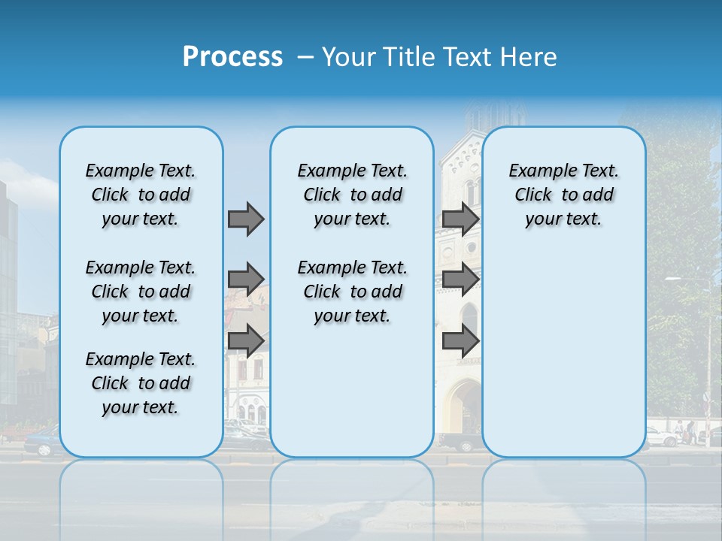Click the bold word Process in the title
coord(232,57)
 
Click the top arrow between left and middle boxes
coord(246,219)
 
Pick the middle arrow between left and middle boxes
coord(246,280)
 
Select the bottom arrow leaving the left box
coord(246,340)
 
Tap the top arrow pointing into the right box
coord(460,219)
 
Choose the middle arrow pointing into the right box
coord(460,280)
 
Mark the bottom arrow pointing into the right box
coord(460,340)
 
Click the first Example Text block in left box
coord(141,195)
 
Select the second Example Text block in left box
coord(141,292)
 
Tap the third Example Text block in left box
coord(141,383)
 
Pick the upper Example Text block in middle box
coord(352,195)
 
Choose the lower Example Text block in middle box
coord(352,292)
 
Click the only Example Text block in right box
coord(563,195)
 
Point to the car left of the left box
coord(41,442)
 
